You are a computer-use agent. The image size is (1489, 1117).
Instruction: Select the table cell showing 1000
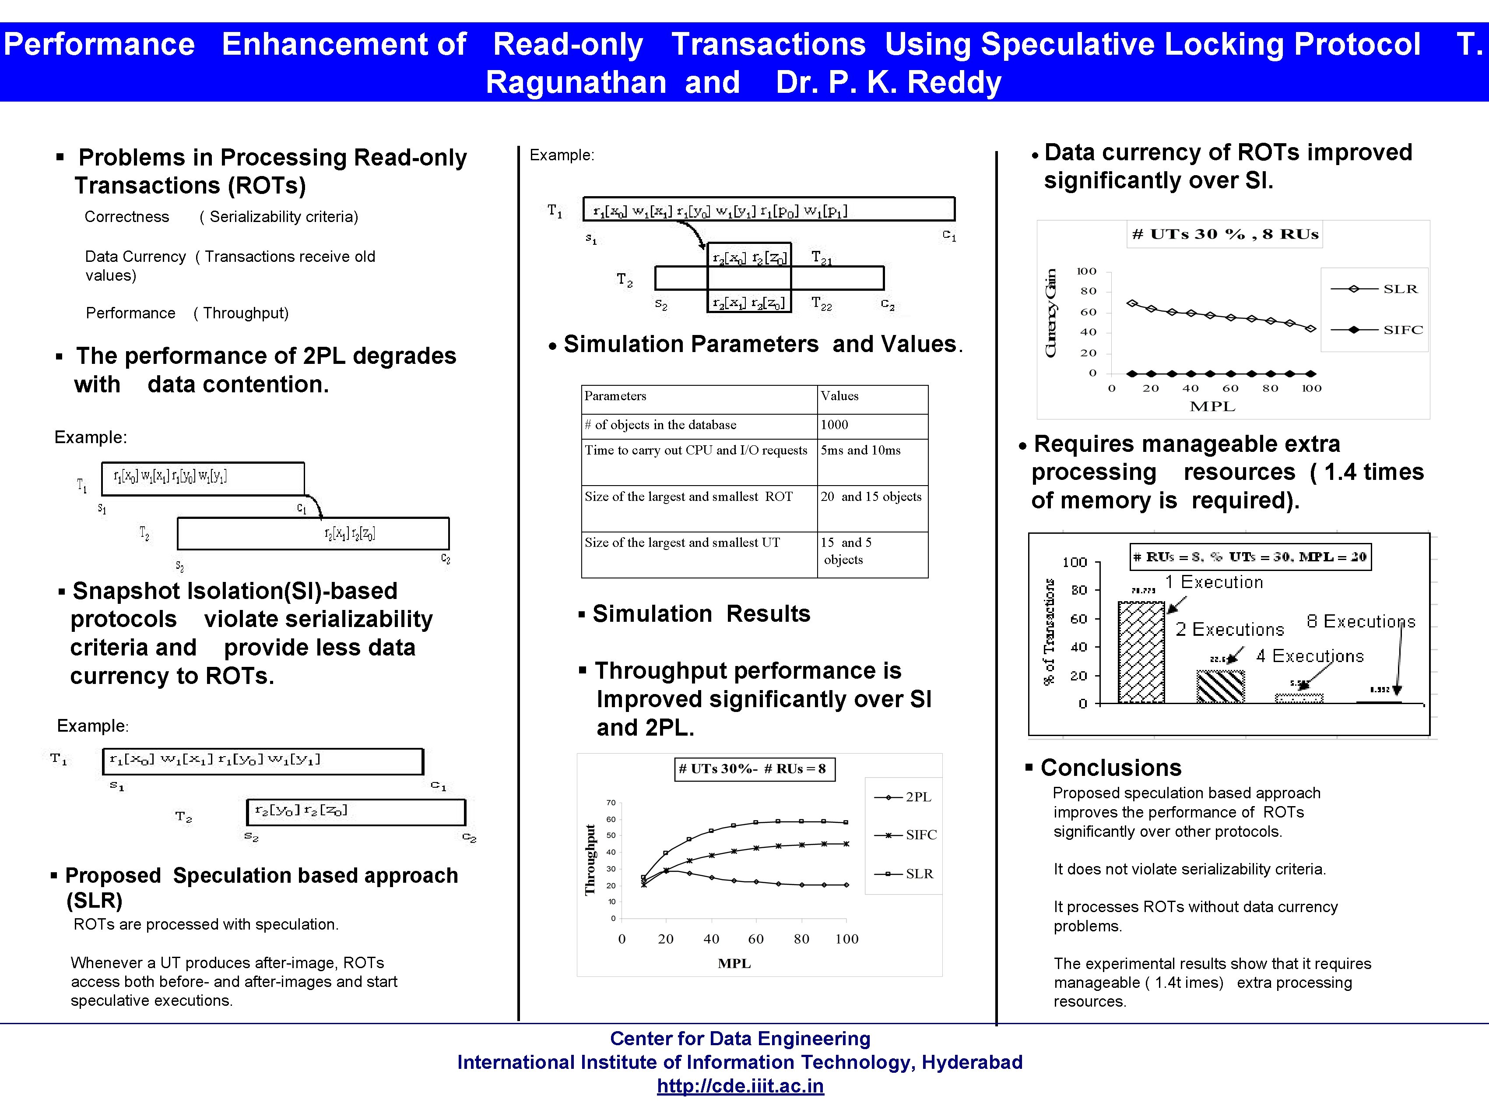click(x=834, y=425)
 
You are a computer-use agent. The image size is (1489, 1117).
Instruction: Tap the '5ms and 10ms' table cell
click(x=860, y=451)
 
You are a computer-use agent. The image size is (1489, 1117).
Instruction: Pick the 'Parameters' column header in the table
click(x=615, y=396)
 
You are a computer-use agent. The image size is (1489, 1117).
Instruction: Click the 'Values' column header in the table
click(x=839, y=396)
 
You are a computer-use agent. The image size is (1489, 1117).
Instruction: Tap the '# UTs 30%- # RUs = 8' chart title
click(x=754, y=769)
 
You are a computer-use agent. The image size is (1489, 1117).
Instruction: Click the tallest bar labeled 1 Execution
click(x=1141, y=653)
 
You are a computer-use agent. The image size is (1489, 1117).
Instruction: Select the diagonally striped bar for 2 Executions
click(x=1220, y=687)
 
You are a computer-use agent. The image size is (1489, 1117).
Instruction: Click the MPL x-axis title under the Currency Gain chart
click(x=1212, y=407)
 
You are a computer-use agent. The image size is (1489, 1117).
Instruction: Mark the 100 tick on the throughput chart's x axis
click(x=846, y=939)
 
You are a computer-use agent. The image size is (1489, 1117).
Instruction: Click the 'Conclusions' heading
click(x=1111, y=768)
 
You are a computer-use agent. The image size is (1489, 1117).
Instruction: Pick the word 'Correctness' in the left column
click(x=126, y=217)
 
